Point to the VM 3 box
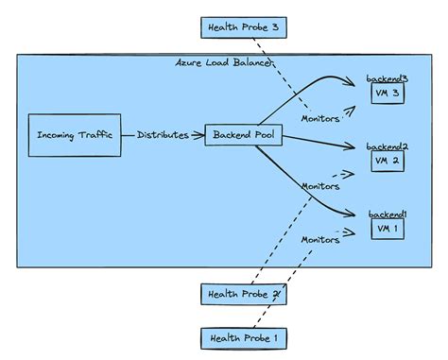(x=388, y=94)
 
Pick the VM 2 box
(x=388, y=161)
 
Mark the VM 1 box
(x=388, y=229)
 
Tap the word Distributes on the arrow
(x=162, y=135)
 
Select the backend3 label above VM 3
(x=388, y=77)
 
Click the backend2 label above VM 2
(x=388, y=146)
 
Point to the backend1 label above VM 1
(x=388, y=214)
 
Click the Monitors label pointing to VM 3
(x=320, y=118)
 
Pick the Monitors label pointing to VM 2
(x=320, y=186)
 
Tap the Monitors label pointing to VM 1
(x=320, y=239)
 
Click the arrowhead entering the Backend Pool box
(x=199, y=135)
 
